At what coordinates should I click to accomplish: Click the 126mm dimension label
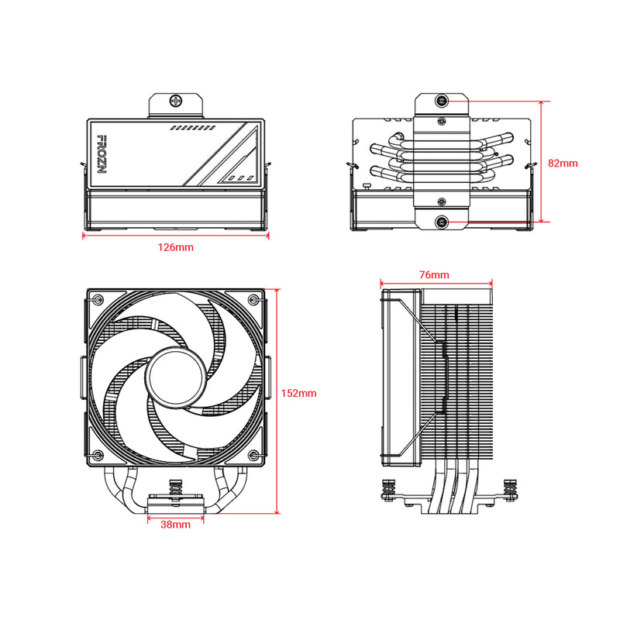pos(175,248)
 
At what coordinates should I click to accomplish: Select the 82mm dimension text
pos(563,164)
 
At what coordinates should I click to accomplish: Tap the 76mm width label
pos(434,275)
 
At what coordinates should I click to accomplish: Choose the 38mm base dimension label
pos(175,525)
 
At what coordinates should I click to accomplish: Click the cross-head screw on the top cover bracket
pos(177,101)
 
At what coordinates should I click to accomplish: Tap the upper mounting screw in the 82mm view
pos(442,100)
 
